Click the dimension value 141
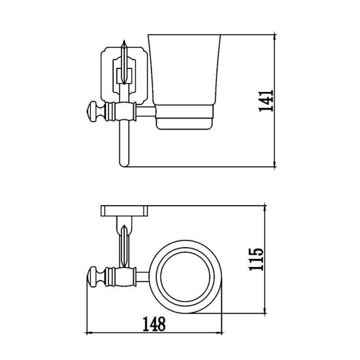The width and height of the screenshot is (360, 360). tap(267, 101)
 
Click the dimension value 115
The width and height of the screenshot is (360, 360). tap(257, 260)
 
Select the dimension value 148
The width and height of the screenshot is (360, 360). tap(154, 324)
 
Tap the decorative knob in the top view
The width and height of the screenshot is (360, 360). tap(93, 277)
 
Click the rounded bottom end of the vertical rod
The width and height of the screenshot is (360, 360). tap(124, 164)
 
